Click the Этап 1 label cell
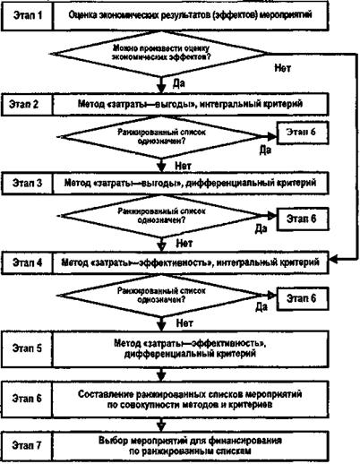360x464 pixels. coord(27,15)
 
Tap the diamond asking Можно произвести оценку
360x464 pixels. coord(161,54)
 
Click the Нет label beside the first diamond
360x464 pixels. coord(282,68)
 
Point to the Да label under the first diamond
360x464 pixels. coord(179,83)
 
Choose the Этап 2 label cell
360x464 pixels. coord(27,104)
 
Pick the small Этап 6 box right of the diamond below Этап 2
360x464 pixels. coord(303,133)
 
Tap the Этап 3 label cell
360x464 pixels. coord(27,183)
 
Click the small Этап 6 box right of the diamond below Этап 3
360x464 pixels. coord(303,219)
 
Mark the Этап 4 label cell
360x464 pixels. coord(27,262)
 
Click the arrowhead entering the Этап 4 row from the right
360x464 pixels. coord(333,260)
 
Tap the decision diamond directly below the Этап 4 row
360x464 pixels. coord(161,296)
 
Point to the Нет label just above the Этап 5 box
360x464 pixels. coord(184,322)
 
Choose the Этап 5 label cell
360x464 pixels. coord(27,348)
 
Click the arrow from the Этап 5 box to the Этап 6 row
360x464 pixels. coord(161,374)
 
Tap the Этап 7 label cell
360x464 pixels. coord(27,445)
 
